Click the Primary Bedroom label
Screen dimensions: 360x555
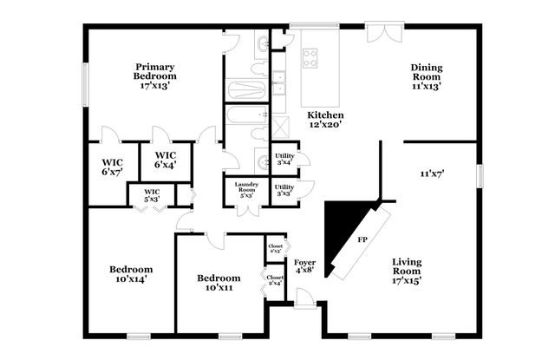pos(154,76)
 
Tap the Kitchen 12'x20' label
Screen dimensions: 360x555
pos(327,120)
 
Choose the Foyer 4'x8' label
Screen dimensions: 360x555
pos(304,266)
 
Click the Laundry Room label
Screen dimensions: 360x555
pos(244,189)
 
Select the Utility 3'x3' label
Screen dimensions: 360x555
pos(284,190)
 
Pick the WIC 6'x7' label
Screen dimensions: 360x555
pos(111,167)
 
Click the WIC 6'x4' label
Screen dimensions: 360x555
pos(166,160)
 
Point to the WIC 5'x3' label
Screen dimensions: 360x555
pos(151,195)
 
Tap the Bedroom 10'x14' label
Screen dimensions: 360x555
pos(131,274)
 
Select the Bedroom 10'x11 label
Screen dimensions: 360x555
pos(218,283)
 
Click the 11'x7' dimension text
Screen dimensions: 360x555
pos(432,173)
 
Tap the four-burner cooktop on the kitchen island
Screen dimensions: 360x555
pos(310,58)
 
